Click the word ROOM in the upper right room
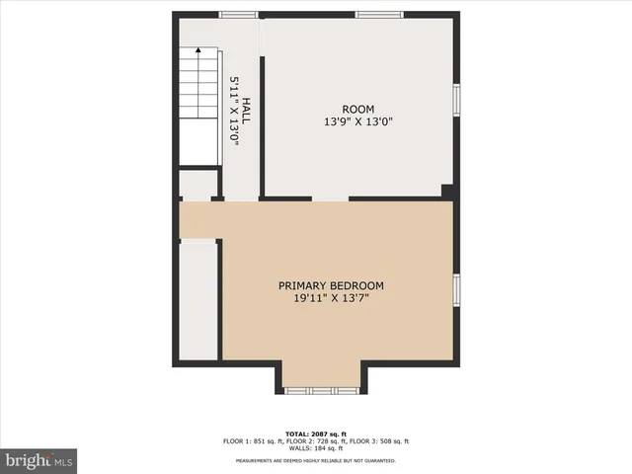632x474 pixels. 358,109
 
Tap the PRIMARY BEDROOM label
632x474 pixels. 331,285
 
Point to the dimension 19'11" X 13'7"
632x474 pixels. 331,298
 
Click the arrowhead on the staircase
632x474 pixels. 197,50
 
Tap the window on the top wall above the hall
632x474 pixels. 238,15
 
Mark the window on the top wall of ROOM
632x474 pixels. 379,15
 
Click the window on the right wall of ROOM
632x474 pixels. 456,100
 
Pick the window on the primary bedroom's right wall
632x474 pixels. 456,288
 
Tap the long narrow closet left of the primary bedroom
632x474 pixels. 198,300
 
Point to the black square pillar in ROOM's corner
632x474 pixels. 447,192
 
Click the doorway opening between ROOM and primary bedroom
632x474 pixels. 330,198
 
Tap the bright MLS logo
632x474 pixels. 39,459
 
